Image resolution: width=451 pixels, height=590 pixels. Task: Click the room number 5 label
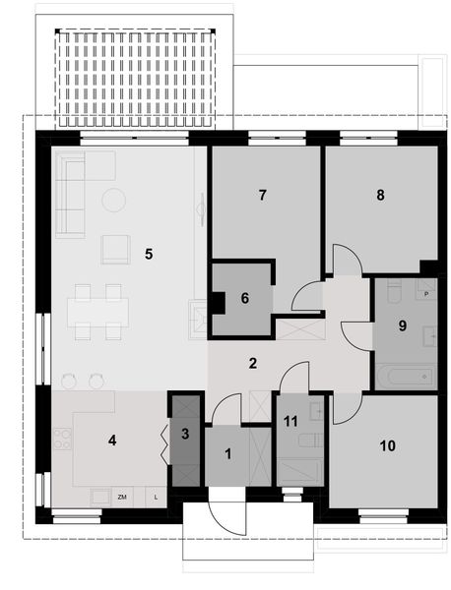[x=148, y=254]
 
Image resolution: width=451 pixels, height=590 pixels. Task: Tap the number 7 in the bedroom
[x=263, y=195]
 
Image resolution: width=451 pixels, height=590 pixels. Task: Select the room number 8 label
[x=379, y=195]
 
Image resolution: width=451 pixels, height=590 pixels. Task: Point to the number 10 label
[x=387, y=445]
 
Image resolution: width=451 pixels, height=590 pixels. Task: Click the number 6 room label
[x=244, y=298]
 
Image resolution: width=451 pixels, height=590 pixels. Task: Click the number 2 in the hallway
[x=253, y=363]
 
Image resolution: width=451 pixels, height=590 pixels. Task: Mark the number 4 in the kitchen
[x=112, y=440]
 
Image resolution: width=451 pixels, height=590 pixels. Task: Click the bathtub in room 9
[x=404, y=376]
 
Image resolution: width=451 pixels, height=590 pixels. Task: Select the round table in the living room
[x=114, y=200]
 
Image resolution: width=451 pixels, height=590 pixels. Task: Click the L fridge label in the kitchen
[x=156, y=498]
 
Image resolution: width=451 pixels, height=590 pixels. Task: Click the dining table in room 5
[x=97, y=311]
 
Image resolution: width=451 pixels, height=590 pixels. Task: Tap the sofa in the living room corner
[x=69, y=194]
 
